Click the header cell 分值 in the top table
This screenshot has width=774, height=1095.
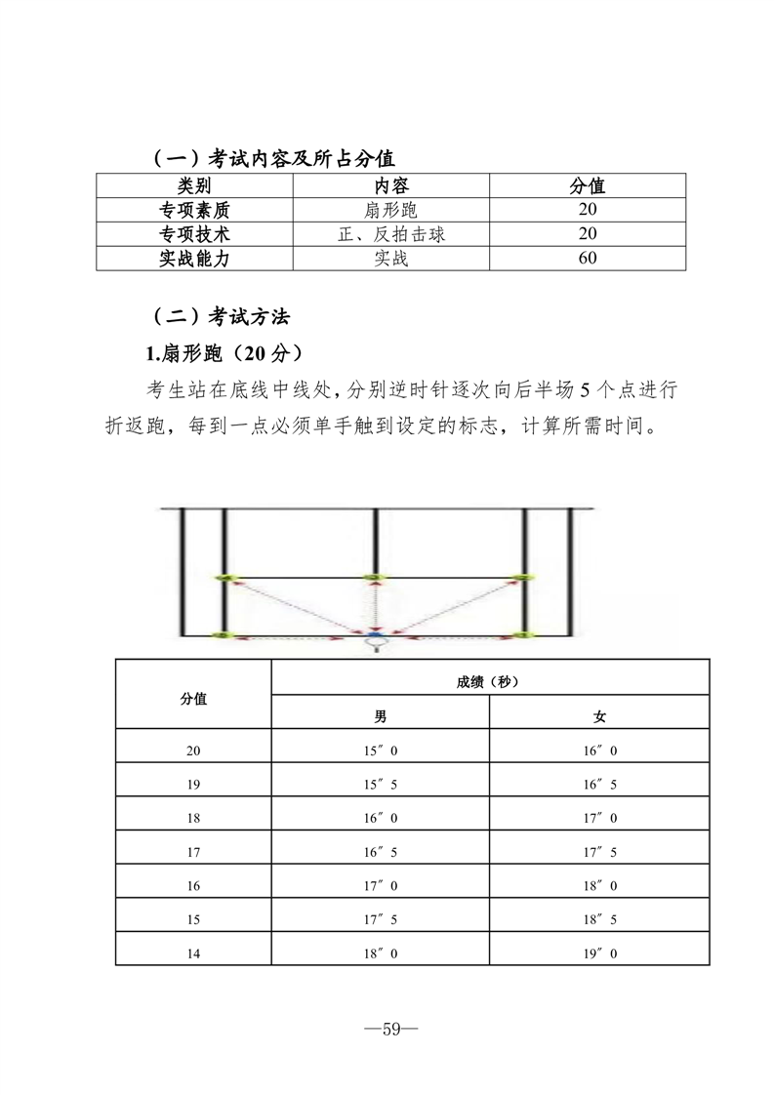point(587,185)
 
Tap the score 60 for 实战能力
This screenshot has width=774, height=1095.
point(587,259)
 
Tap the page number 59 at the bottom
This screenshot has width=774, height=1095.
point(387,1028)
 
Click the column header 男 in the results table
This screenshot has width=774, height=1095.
point(381,716)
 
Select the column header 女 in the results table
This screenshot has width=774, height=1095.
point(599,716)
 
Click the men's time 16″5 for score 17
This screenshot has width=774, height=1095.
point(381,852)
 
